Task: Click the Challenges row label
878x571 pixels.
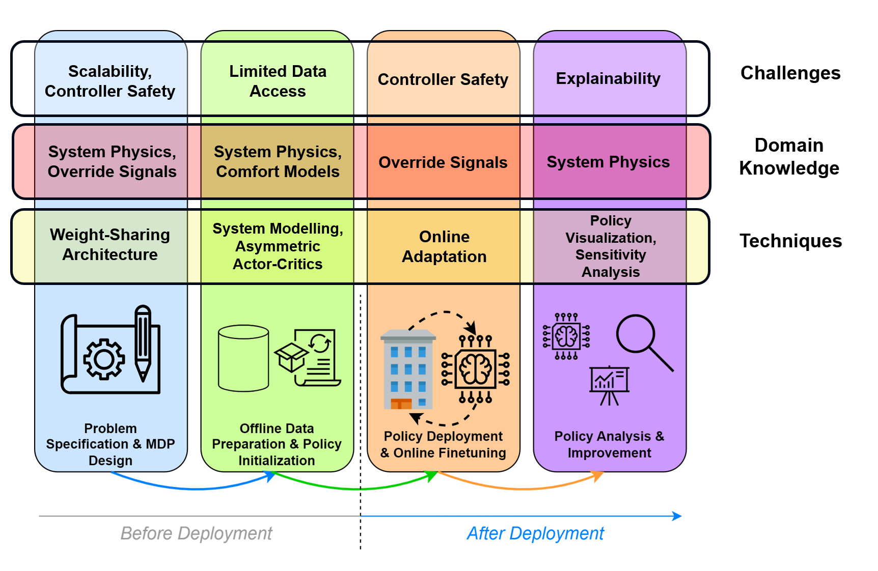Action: pyautogui.click(x=790, y=73)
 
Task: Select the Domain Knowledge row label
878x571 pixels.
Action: pyautogui.click(x=789, y=157)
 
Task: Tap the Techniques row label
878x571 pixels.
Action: pyautogui.click(x=790, y=241)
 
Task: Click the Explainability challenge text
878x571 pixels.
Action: pyautogui.click(x=608, y=79)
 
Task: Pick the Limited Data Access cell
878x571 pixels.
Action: pyautogui.click(x=278, y=81)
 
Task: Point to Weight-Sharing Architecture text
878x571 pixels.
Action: pyautogui.click(x=110, y=244)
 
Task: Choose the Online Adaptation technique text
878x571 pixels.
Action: pyautogui.click(x=444, y=247)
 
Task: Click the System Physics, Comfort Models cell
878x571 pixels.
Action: pyautogui.click(x=278, y=161)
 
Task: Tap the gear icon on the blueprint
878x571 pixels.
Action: pyautogui.click(x=104, y=359)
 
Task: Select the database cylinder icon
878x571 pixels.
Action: pyautogui.click(x=243, y=358)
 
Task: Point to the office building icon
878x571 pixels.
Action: pyautogui.click(x=408, y=369)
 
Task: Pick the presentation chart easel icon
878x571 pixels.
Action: pyautogui.click(x=609, y=385)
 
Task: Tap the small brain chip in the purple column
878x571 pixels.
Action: pyautogui.click(x=566, y=336)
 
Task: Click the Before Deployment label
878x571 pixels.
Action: pyautogui.click(x=196, y=533)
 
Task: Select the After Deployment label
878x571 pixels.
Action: pyautogui.click(x=535, y=533)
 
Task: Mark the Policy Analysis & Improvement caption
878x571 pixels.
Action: pyautogui.click(x=609, y=444)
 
